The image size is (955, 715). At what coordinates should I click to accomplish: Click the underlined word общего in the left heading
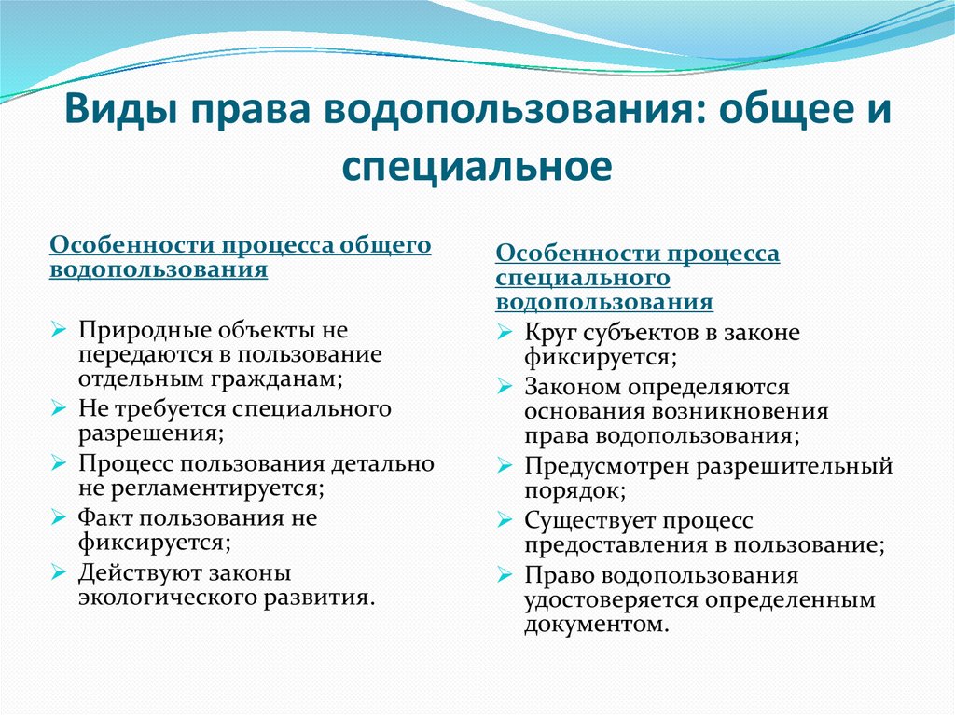pos(384,244)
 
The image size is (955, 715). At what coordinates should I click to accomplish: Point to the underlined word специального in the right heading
pos(582,278)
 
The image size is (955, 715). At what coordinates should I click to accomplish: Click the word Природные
pos(145,331)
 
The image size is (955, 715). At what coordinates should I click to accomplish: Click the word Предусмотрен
pos(610,465)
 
